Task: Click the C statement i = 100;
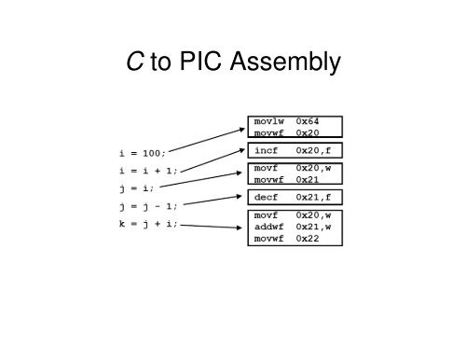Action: coord(143,152)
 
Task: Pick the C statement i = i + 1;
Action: coord(148,170)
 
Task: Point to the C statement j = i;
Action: coord(136,187)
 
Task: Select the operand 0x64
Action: coord(308,121)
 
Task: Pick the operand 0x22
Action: coord(308,239)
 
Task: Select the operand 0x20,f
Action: coord(313,149)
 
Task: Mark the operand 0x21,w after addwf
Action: coord(313,227)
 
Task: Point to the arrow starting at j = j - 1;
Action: coord(213,201)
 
